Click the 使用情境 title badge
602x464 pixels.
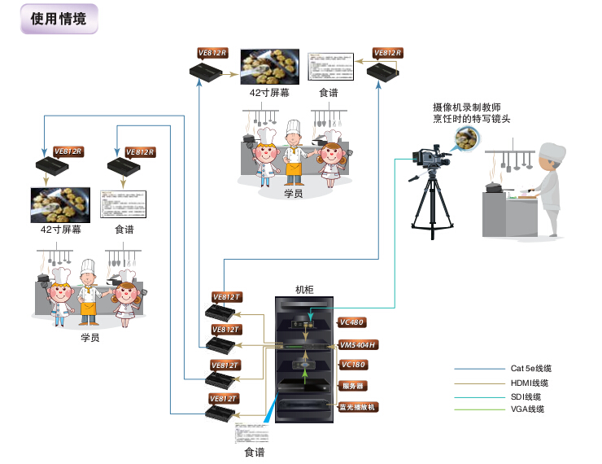[58, 20]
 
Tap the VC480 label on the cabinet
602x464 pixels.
[353, 322]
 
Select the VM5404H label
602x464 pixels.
[359, 344]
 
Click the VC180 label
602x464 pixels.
[353, 365]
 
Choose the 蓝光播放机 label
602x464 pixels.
[357, 406]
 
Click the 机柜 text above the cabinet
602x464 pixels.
[304, 290]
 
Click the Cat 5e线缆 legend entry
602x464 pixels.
[532, 368]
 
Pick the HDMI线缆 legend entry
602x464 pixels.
[530, 383]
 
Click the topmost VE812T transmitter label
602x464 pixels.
[225, 296]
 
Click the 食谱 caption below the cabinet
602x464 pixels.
[255, 452]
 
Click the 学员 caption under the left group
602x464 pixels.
[89, 337]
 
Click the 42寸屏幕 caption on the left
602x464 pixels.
[61, 230]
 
